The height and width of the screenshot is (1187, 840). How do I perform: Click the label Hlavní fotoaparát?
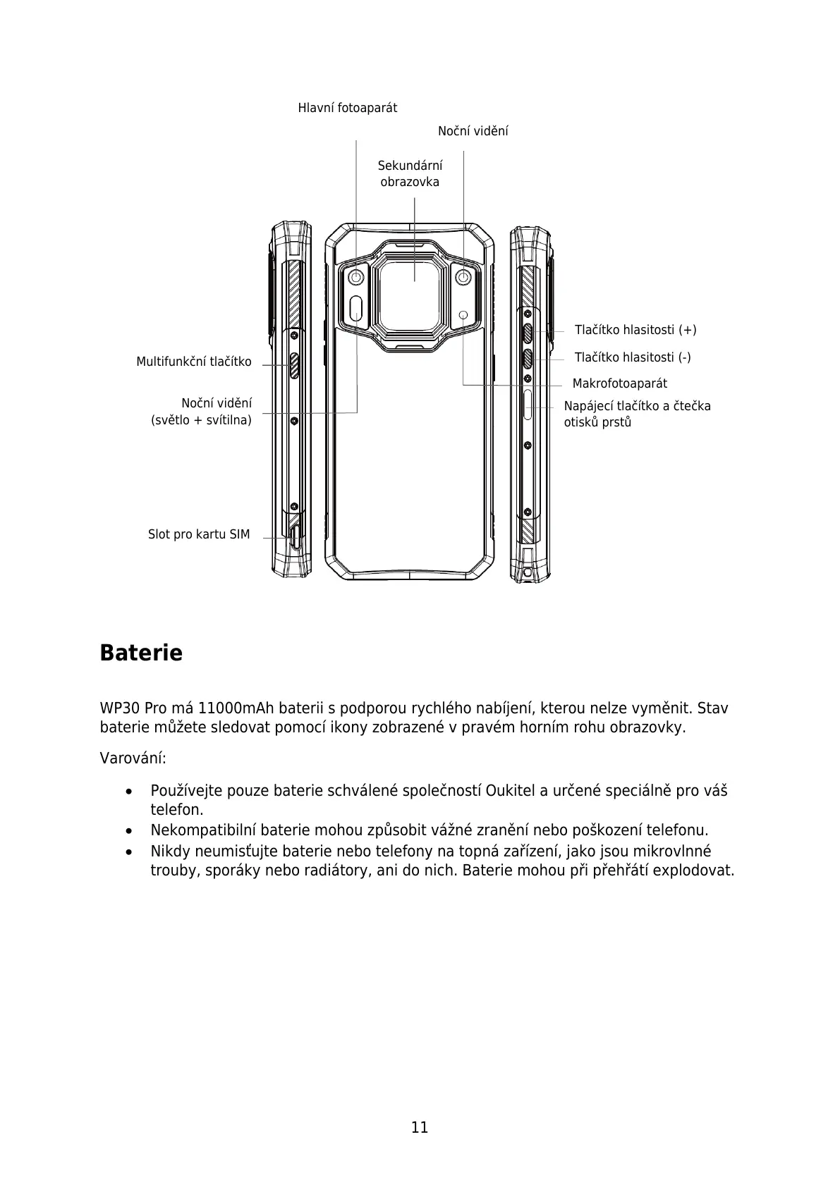tap(347, 108)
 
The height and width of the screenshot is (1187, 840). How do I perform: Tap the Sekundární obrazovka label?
tap(410, 173)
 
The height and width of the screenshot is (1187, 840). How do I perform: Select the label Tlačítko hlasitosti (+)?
tap(635, 330)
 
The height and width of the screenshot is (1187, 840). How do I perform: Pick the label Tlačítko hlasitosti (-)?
tap(632, 357)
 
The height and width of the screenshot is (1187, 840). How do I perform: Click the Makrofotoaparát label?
tap(619, 383)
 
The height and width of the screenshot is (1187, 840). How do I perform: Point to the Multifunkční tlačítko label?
tap(193, 362)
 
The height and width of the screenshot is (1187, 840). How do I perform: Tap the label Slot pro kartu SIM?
tap(198, 534)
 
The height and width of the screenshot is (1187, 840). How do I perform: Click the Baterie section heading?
tap(141, 653)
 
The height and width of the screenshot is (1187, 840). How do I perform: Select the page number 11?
tap(420, 1127)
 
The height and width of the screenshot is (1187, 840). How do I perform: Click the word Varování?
tap(133, 758)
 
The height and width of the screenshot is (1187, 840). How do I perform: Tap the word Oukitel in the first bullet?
tap(511, 790)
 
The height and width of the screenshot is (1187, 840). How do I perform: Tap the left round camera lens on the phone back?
tap(356, 277)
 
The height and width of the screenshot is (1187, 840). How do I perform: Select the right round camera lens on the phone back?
tap(463, 277)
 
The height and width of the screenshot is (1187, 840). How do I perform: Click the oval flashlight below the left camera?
tap(357, 307)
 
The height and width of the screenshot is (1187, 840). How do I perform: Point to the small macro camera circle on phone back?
tap(463, 314)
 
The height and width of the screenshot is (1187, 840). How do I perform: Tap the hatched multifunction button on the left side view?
tap(294, 364)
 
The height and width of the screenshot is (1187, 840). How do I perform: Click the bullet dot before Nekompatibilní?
tap(128, 831)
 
